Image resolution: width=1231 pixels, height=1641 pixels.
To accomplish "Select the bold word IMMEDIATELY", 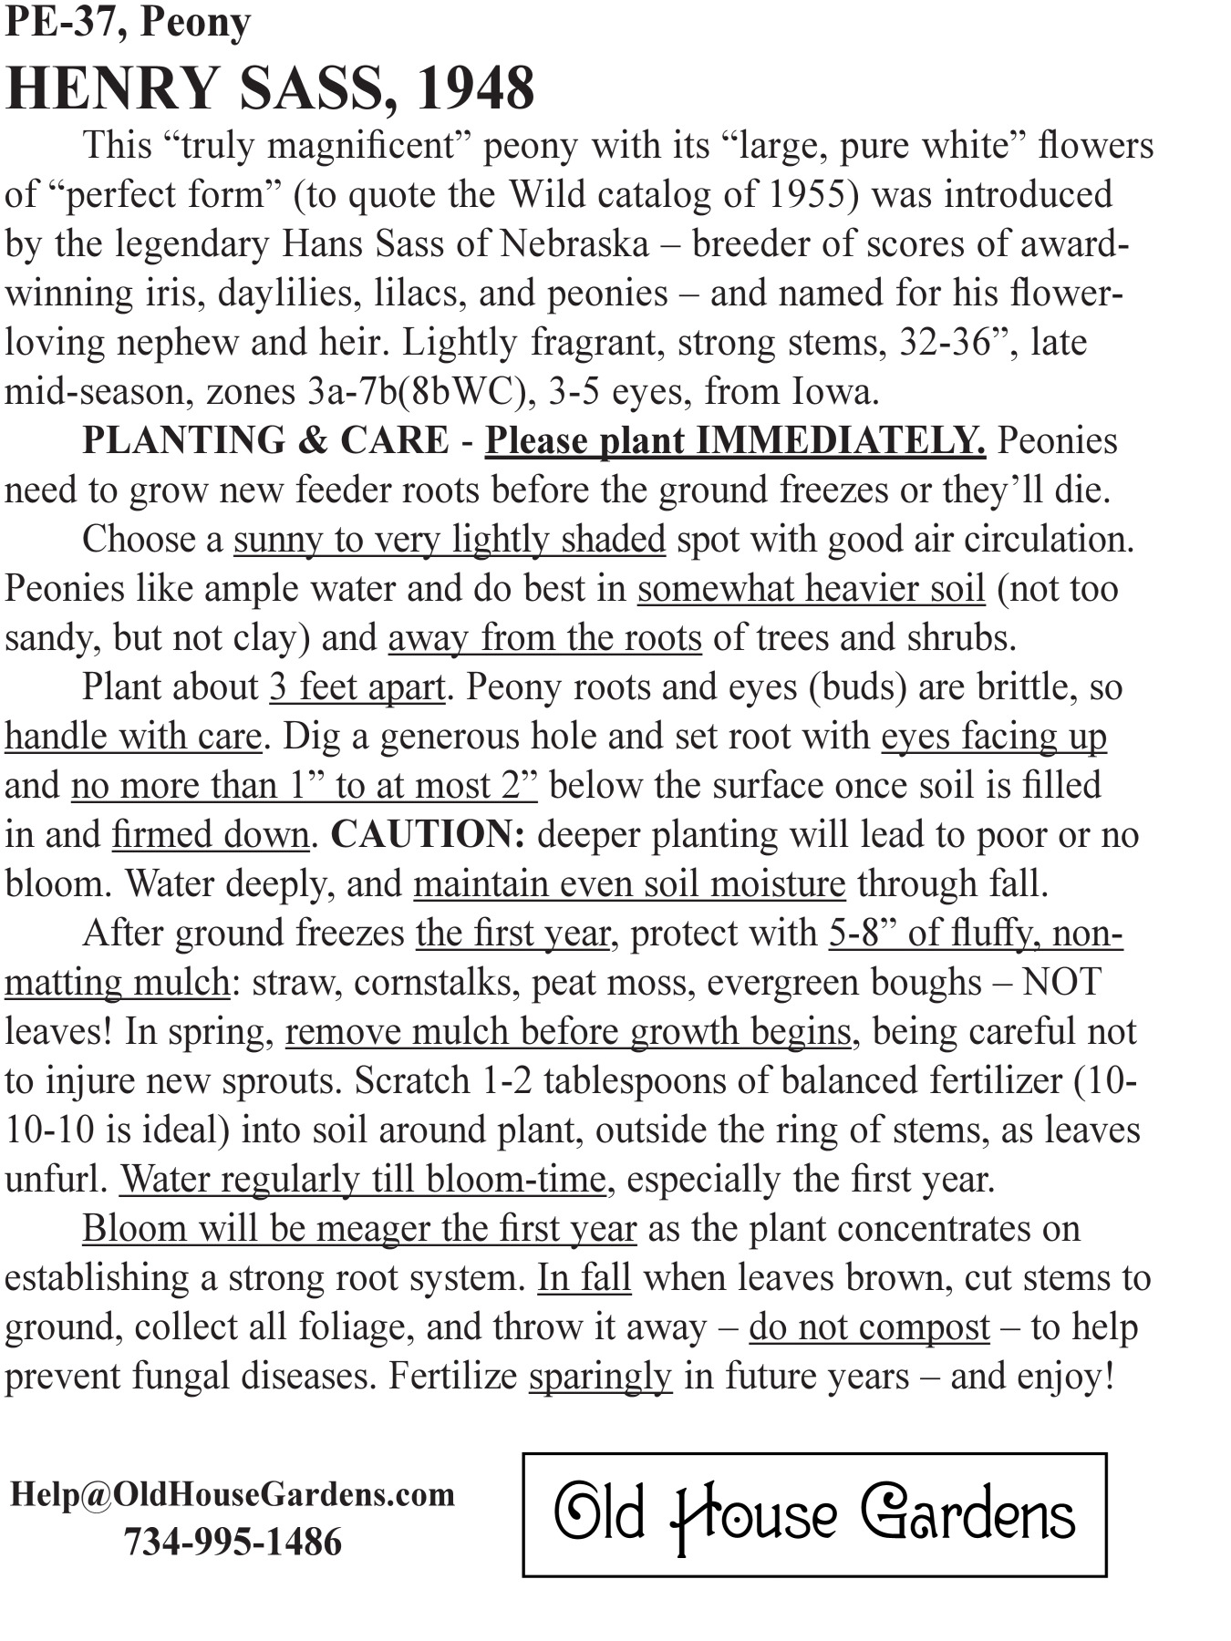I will pyautogui.click(x=840, y=441).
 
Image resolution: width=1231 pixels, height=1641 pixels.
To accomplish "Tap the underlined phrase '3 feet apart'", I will pyautogui.click(x=357, y=687).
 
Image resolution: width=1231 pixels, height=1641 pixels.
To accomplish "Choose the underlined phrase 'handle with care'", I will pyautogui.click(x=133, y=737).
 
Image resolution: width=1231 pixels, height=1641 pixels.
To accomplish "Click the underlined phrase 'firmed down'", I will pyautogui.click(x=210, y=835).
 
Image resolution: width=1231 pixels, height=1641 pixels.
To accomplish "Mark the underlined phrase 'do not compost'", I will pyautogui.click(x=869, y=1327).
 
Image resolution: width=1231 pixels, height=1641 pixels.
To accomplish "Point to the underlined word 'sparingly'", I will pyautogui.click(x=600, y=1377).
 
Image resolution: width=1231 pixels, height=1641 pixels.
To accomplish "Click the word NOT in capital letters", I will pyautogui.click(x=1061, y=983).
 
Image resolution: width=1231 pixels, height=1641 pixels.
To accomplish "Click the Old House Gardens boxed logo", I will pyautogui.click(x=814, y=1515).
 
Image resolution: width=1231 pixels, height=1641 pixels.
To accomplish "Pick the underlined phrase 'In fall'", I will pyautogui.click(x=584, y=1278).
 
